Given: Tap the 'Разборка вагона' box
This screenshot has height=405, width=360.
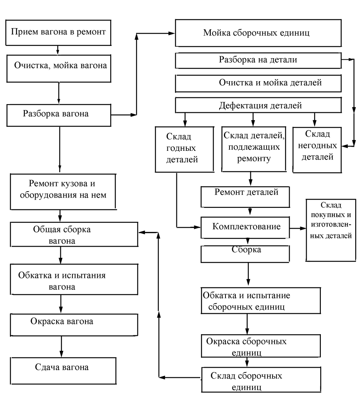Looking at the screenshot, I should [58, 115].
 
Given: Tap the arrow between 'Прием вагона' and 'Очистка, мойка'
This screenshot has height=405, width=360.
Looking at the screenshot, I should [58, 50].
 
